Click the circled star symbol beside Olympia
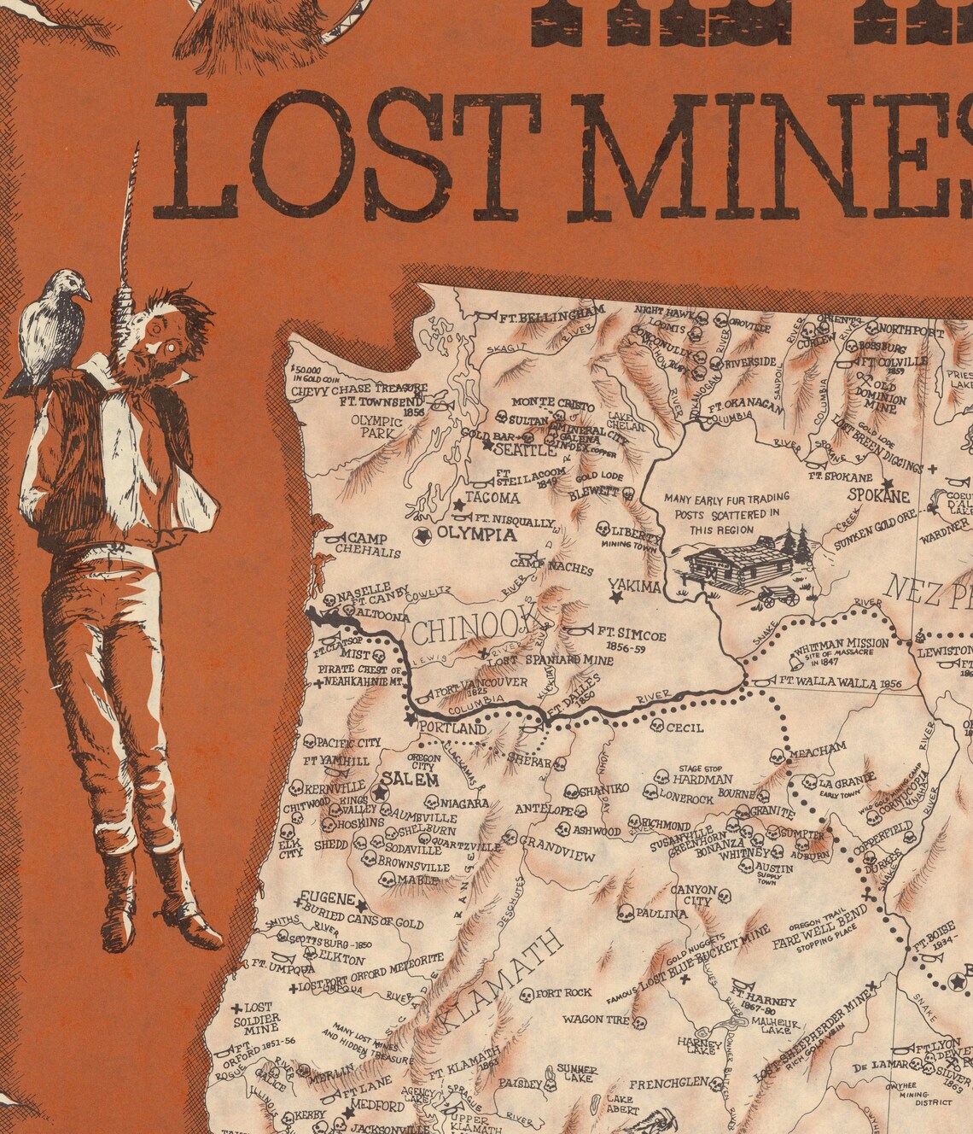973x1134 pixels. point(422,535)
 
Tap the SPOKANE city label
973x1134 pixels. point(878,495)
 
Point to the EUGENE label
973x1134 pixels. point(327,899)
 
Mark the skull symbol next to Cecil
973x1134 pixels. point(656,726)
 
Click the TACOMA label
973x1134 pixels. point(492,498)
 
